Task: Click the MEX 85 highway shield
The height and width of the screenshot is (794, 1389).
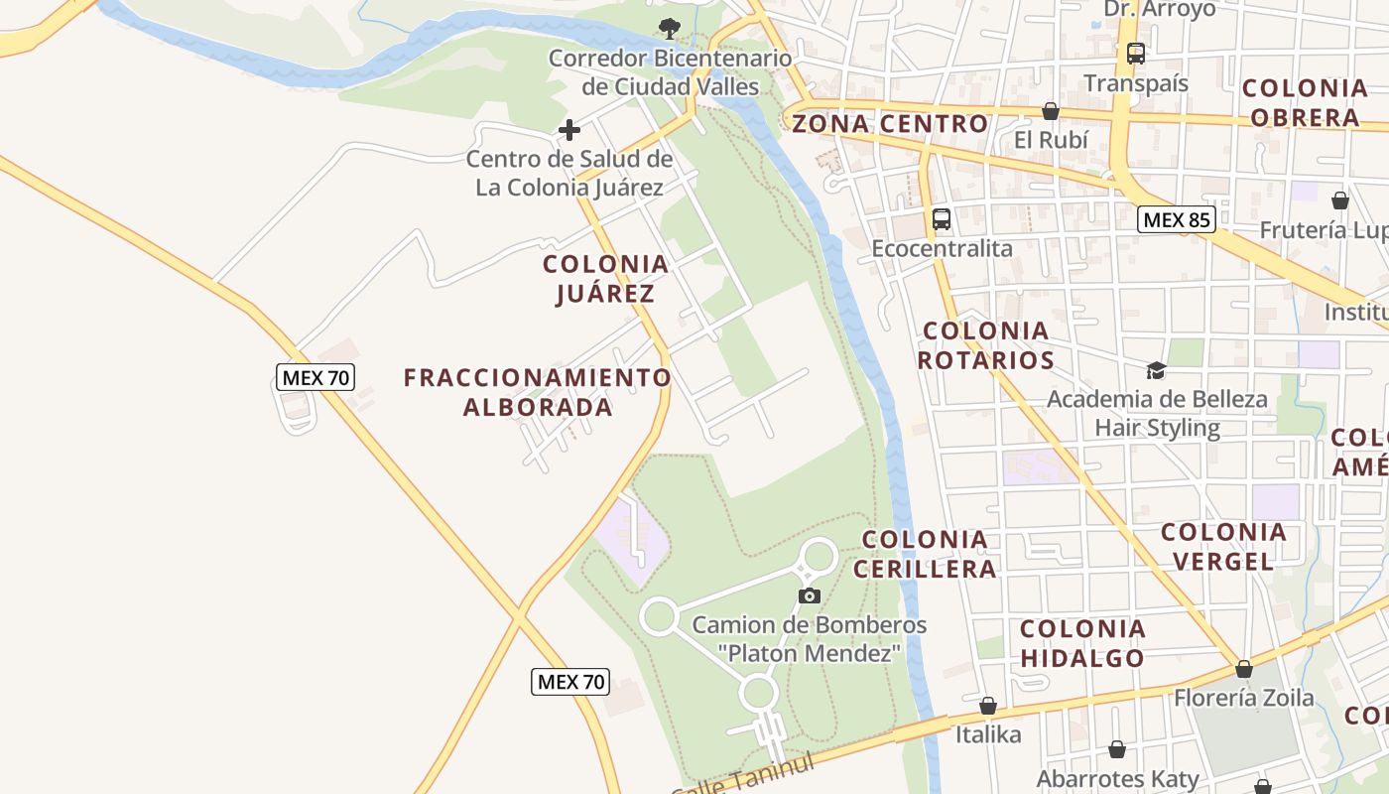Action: click(1177, 219)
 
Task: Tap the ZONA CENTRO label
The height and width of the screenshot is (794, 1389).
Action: click(890, 124)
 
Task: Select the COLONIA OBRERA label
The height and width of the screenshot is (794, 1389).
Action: click(1305, 103)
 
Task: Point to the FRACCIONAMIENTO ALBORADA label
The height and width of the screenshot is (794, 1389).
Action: click(537, 392)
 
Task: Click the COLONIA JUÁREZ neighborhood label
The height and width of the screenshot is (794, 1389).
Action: click(605, 279)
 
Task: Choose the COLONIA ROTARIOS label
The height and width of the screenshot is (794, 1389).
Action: click(985, 345)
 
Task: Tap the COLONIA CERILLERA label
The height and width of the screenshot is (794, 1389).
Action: click(925, 554)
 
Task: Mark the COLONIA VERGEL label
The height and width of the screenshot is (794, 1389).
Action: click(1223, 547)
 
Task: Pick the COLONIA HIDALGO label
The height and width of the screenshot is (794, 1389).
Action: click(1082, 643)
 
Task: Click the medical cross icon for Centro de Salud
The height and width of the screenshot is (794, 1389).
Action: click(569, 130)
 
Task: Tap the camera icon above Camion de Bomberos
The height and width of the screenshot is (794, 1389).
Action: click(810, 595)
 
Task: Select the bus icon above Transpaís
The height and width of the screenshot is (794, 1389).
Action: click(1136, 54)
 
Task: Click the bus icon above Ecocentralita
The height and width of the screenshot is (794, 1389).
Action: click(942, 218)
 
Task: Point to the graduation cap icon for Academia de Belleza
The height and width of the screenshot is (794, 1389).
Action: click(1156, 370)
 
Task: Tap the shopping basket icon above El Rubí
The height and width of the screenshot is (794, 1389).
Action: click(1051, 111)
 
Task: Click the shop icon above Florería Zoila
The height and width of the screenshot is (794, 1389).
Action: click(1243, 669)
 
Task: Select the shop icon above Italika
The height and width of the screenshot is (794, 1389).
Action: click(988, 706)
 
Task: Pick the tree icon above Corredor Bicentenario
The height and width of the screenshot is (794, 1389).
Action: click(671, 28)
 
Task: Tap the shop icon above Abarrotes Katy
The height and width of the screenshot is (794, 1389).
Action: click(1117, 749)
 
